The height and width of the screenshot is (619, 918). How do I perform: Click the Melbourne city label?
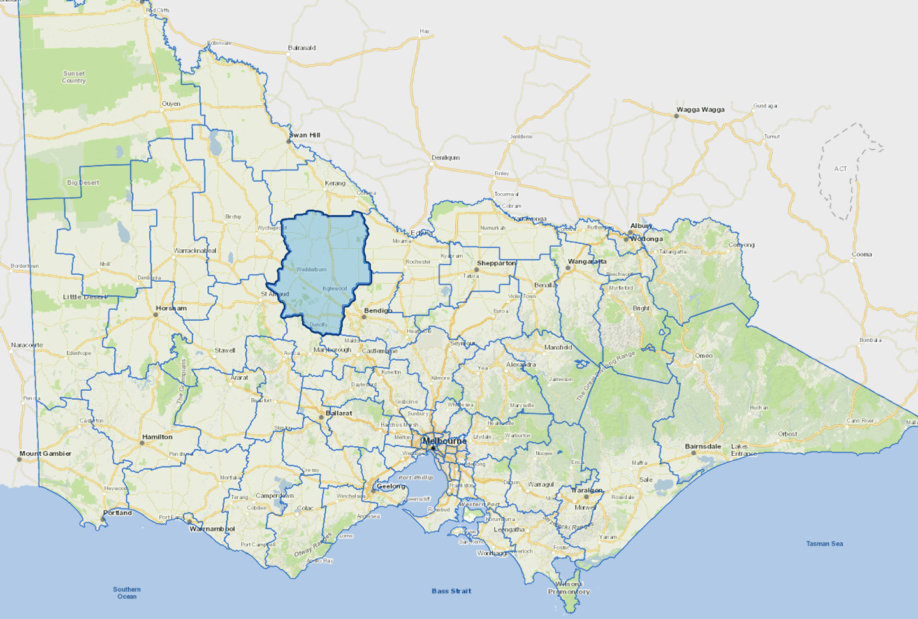point(444,441)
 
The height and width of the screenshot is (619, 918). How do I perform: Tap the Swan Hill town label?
point(305,135)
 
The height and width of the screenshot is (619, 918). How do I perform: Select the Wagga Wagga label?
point(700,110)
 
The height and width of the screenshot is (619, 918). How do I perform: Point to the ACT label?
point(840,169)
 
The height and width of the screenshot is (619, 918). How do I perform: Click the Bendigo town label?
point(378,310)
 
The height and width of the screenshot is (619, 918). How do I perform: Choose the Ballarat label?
point(339,413)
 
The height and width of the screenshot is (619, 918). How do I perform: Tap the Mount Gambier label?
point(45,454)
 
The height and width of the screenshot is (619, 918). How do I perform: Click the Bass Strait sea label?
point(451,591)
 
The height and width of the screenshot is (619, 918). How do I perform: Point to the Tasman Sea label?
point(824,544)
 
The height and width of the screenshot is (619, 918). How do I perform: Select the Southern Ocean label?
point(127,593)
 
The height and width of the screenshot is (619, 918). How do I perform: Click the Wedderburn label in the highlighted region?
point(311,270)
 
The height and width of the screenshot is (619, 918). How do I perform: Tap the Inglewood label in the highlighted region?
point(335,289)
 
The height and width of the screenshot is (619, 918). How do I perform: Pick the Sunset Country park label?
point(74,77)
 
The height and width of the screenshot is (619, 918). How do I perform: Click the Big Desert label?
point(83,182)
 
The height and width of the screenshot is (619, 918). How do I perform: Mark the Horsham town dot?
point(156,315)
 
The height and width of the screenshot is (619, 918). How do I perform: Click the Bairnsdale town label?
point(703,446)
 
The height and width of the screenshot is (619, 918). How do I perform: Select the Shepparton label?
point(496,263)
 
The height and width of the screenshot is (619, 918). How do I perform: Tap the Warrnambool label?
point(212,529)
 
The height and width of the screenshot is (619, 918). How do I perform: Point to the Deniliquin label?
point(445,157)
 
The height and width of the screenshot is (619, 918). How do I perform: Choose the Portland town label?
point(117,513)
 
